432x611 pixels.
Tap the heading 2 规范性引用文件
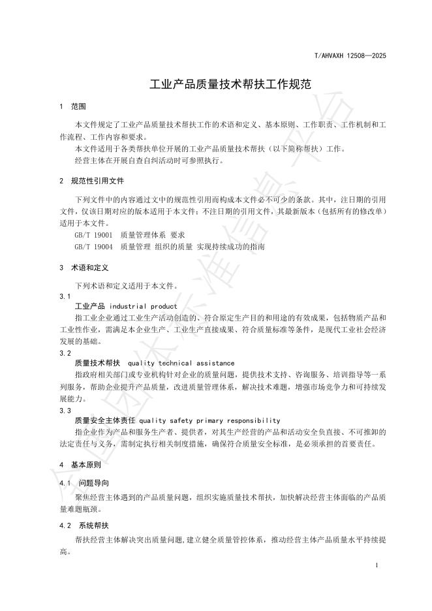[91, 181]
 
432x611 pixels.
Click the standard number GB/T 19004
[94, 247]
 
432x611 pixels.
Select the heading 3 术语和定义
[84, 268]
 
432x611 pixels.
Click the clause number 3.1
[65, 296]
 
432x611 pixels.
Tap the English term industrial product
[143, 306]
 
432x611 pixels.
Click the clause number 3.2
[65, 353]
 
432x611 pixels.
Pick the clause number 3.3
[65, 411]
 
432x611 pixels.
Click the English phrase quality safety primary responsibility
[209, 420]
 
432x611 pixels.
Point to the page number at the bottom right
[378, 563]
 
